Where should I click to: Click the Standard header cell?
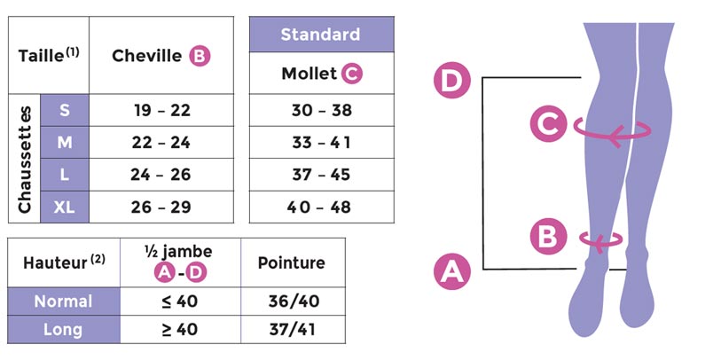(x=321, y=35)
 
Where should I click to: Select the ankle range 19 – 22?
(x=162, y=110)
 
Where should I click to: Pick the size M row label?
(x=65, y=143)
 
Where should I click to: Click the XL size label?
(x=65, y=207)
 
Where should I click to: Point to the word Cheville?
(x=147, y=56)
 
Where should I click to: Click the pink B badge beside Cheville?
(x=200, y=56)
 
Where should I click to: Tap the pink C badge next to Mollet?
(x=352, y=74)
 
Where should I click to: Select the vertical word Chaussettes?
(x=25, y=159)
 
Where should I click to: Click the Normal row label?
(x=64, y=301)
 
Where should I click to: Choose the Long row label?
(x=64, y=330)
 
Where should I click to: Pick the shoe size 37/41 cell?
(x=292, y=330)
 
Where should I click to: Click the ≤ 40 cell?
(x=180, y=301)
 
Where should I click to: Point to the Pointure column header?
(x=292, y=262)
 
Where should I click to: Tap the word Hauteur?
(x=55, y=263)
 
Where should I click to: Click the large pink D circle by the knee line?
(x=452, y=80)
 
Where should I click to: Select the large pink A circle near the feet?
(x=452, y=271)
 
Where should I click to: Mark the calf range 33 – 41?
(x=321, y=143)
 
